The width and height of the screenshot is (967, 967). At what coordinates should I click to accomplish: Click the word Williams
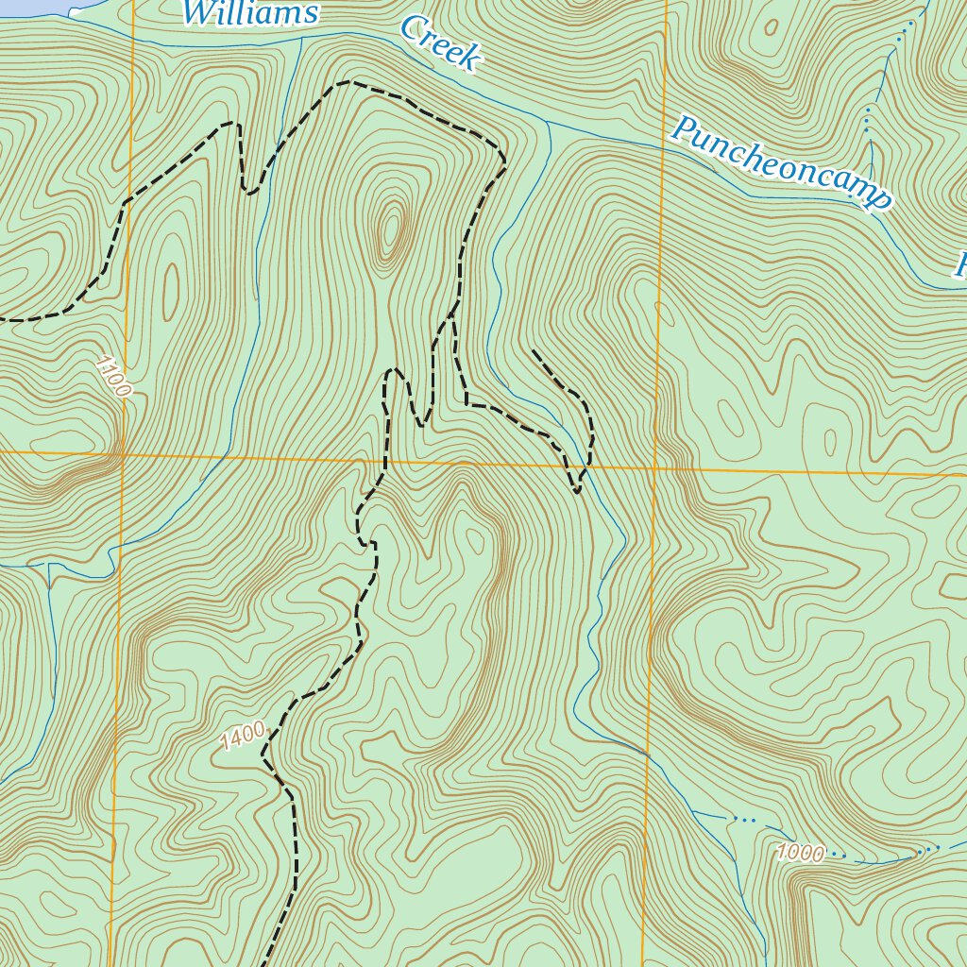(x=249, y=13)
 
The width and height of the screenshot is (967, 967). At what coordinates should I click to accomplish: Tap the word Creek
(x=440, y=42)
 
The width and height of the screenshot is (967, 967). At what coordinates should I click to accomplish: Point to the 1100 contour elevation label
(x=113, y=375)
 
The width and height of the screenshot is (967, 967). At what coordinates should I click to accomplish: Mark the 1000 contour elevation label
(x=801, y=854)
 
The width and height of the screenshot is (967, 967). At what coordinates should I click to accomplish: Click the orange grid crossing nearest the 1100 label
(x=123, y=454)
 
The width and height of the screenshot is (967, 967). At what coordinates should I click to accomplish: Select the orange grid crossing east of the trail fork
(x=654, y=467)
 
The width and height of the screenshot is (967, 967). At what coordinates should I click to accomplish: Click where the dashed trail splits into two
(x=452, y=313)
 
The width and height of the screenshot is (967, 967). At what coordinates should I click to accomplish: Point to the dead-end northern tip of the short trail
(x=534, y=350)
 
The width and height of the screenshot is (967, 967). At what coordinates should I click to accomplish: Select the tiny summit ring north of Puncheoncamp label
(x=772, y=27)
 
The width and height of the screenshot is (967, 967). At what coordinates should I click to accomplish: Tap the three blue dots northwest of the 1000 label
(x=746, y=820)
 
